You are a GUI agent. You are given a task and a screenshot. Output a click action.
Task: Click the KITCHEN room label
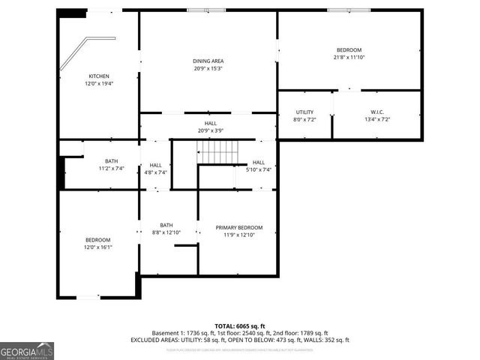coord(99,76)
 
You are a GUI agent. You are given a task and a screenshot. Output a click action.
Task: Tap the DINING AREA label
coord(208,61)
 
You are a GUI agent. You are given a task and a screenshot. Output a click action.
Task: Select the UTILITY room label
coord(304,112)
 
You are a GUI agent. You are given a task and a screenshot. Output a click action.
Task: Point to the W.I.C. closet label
coord(376,112)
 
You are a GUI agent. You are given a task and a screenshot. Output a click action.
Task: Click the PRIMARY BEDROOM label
coord(239,227)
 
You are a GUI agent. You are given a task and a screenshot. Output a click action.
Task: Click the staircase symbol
coord(218,154)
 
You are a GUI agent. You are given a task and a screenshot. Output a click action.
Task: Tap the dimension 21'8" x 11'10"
coord(348,57)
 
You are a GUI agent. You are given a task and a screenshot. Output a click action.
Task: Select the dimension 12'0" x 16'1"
coord(97,247)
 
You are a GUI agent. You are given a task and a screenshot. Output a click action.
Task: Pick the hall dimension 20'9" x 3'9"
coord(211,130)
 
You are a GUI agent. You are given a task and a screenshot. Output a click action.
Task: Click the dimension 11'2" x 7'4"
coord(112,168)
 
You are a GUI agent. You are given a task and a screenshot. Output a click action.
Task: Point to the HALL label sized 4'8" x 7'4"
coord(155,165)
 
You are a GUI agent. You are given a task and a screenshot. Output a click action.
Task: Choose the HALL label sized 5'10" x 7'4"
coord(258,162)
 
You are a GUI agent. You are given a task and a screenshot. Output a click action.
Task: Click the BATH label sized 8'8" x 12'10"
coord(166,225)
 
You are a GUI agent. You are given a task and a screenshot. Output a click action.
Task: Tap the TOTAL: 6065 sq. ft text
coord(239,325)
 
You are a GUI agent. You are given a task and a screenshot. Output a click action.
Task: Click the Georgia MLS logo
coord(27,350)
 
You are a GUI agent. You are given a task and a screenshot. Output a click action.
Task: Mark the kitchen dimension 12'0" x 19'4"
coord(99,83)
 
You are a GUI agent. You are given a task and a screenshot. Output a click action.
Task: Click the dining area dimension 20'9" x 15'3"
coord(208,68)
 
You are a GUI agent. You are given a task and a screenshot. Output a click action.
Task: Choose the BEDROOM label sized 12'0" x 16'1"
coord(97,240)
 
